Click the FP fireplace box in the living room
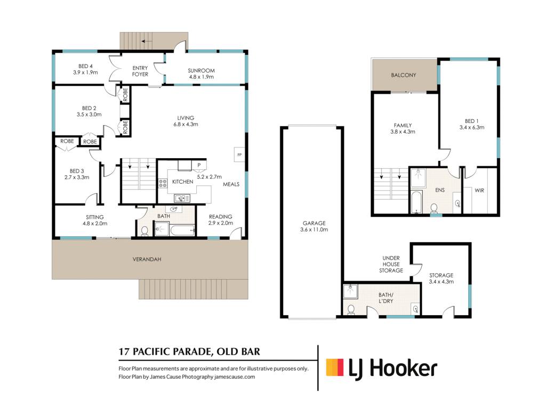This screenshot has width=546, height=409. click(239, 155)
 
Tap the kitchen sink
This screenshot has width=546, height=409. click(182, 199)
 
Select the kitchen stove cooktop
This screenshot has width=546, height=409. click(163, 183)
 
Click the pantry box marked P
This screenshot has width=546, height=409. click(199, 165)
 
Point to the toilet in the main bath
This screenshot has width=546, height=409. click(144, 231)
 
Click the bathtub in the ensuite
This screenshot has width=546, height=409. click(416, 202)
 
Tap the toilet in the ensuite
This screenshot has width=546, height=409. click(434, 209)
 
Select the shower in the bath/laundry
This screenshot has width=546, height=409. click(350, 291)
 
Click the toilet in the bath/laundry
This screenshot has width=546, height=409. click(351, 309)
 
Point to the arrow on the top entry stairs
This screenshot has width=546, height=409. click(147, 41)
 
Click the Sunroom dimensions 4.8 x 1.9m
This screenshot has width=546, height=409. click(201, 77)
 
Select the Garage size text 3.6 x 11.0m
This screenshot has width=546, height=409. click(314, 230)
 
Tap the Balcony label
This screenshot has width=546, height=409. click(404, 75)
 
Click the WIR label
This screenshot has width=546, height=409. click(479, 190)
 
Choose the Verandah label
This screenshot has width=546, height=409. click(147, 259)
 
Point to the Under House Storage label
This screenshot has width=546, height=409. click(391, 264)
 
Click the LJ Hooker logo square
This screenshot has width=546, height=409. click(335, 367)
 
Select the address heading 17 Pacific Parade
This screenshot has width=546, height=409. click(165, 351)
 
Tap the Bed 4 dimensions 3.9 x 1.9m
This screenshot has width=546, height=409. click(85, 72)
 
